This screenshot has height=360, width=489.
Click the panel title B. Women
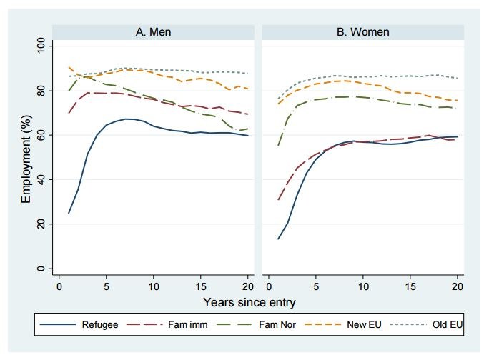pos(363,31)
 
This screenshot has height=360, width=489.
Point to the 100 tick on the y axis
pos(40,46)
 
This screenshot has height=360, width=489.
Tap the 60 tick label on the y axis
pos(40,135)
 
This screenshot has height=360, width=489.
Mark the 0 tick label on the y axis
pos(40,269)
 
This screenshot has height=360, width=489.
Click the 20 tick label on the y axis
pos(40,224)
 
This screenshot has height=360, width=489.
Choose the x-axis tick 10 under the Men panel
pos(154,286)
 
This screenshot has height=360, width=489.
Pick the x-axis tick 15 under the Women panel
pos(410,286)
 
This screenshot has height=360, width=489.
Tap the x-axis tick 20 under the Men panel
pos(247,286)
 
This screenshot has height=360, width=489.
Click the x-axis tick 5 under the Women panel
pos(316,286)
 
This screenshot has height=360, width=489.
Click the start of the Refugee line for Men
pos(69,213)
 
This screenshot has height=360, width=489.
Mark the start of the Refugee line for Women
pos(278,239)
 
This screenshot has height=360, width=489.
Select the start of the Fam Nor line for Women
pos(278,145)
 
